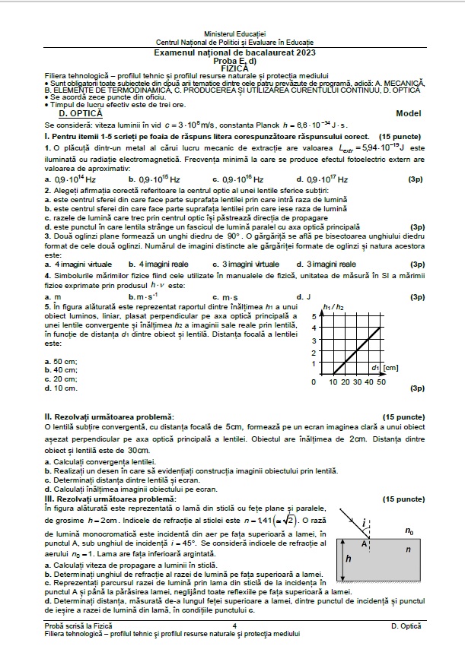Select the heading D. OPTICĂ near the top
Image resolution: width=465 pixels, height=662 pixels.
coord(69,112)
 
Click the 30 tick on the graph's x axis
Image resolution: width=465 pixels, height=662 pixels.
coord(357,382)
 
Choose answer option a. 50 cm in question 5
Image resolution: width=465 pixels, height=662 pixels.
coord(61,361)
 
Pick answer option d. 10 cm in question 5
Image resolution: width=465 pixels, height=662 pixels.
coord(61,388)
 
